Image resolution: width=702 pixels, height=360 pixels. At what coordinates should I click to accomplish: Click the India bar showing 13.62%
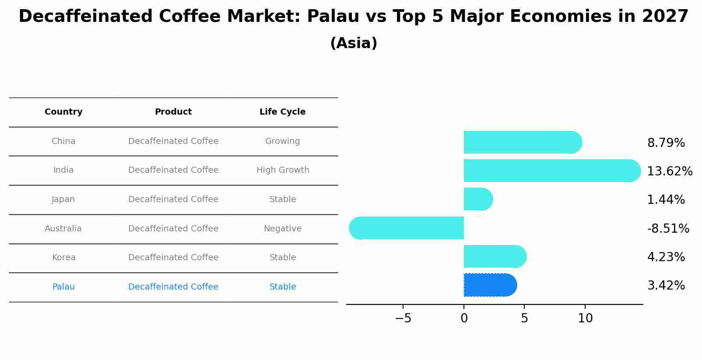552,171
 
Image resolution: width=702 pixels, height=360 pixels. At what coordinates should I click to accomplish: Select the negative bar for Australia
406,228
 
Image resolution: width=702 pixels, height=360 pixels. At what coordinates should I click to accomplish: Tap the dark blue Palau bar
491,285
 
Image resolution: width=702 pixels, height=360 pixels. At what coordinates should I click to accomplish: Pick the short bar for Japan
478,199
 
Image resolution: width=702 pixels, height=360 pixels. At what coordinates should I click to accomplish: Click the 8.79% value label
666,143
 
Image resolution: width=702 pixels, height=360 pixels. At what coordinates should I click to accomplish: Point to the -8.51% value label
668,228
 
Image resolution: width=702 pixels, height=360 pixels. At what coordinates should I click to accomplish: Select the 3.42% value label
666,286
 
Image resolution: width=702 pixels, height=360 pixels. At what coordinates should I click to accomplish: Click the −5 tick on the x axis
403,318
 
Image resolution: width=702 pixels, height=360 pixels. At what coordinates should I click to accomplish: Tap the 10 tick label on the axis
585,318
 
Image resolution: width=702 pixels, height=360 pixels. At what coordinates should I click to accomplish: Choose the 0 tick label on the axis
464,318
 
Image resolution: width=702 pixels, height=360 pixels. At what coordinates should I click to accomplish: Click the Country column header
63,112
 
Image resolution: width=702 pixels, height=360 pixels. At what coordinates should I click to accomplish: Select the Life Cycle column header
282,112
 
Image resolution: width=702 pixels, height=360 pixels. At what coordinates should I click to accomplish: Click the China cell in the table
63,141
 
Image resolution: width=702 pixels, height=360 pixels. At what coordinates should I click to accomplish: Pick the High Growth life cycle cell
283,170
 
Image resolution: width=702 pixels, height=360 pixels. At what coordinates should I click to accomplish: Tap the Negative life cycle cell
283,228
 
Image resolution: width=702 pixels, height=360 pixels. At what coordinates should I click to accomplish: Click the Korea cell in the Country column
63,257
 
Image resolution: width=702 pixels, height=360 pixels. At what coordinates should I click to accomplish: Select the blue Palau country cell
63,287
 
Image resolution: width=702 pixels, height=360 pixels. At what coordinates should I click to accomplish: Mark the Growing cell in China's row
282,141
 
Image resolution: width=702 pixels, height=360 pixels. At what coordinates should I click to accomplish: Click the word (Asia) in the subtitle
354,43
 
